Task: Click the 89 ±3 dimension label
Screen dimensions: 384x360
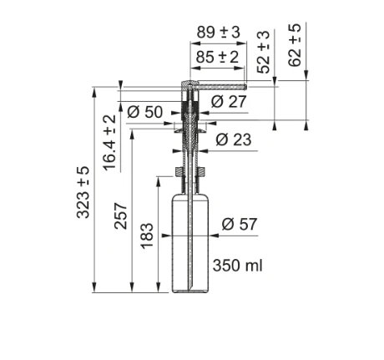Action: point(218,32)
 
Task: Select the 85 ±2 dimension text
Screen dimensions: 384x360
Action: point(217,57)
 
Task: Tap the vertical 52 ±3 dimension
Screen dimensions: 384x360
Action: point(263,52)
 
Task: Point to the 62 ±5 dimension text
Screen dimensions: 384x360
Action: point(295,45)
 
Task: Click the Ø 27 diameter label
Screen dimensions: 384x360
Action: point(229,102)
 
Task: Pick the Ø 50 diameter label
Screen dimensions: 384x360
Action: point(144,112)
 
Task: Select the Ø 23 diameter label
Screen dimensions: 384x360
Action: point(234,139)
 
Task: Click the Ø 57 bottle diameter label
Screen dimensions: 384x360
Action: point(240,224)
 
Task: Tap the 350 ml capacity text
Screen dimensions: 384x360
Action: point(238,266)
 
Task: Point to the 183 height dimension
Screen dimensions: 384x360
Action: point(147,236)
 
